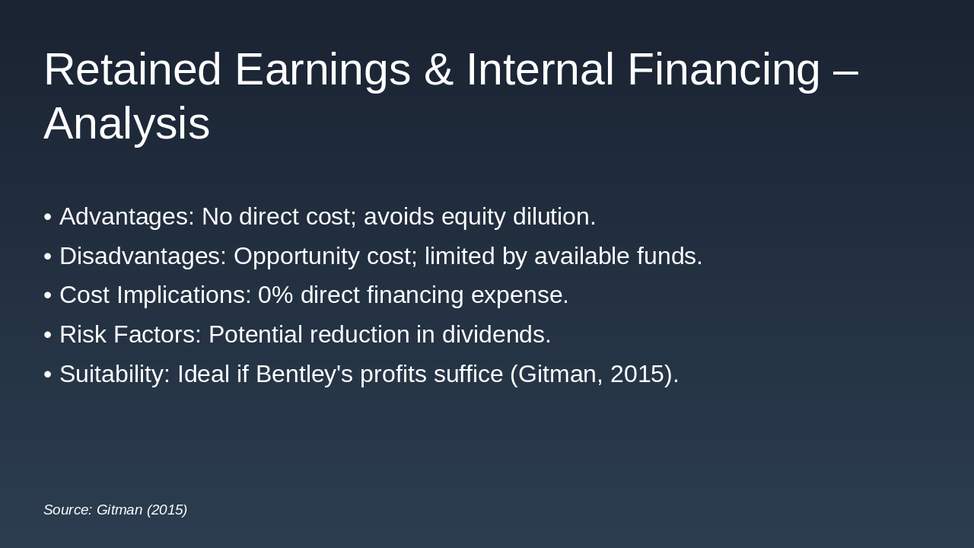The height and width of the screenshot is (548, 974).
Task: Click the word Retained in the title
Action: pos(132,69)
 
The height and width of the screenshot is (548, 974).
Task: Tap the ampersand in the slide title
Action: pos(439,69)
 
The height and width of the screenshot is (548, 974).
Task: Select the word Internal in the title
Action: pos(540,69)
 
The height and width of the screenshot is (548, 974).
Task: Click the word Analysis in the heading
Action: pos(127,123)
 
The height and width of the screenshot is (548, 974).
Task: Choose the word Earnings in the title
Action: pos(323,71)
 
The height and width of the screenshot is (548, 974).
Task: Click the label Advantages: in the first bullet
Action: pos(127,217)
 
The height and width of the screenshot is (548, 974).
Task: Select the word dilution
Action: pos(554,217)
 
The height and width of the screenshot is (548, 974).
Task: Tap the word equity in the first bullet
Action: pos(473,217)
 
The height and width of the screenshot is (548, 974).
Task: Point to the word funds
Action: pos(670,256)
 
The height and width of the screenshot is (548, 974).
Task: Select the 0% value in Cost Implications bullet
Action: pos(275,295)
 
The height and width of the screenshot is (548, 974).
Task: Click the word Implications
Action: pos(184,295)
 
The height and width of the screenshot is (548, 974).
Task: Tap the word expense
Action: pos(520,296)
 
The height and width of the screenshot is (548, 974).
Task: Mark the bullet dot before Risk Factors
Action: pos(48,335)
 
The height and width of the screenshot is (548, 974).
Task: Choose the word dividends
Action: pos(497,334)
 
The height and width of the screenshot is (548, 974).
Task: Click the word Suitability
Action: pos(115,374)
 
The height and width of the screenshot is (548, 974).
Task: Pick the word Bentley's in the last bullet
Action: pos(304,374)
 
